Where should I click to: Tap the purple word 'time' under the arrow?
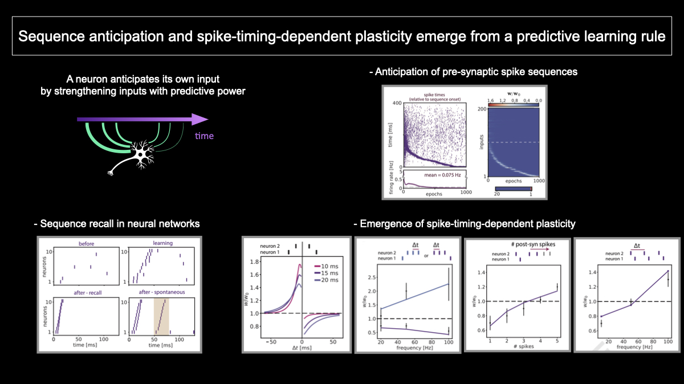click(x=204, y=136)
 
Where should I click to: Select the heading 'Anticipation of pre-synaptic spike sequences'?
click(x=473, y=72)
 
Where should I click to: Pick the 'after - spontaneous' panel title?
click(x=162, y=292)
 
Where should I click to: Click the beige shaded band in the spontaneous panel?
click(x=161, y=316)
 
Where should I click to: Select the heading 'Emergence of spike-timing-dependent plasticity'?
click(x=464, y=223)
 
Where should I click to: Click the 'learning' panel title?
click(x=162, y=243)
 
